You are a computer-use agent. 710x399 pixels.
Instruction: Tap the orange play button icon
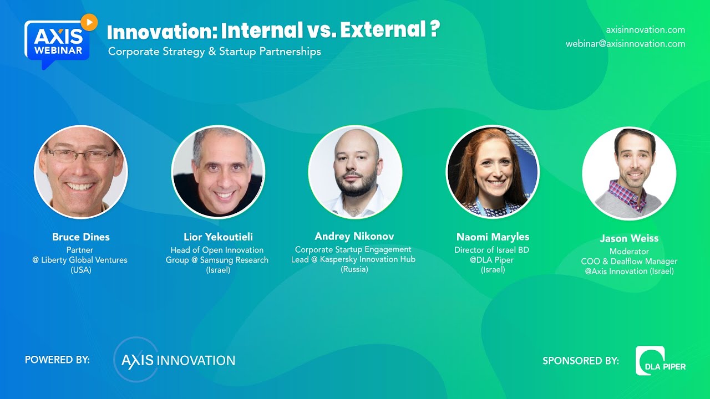tap(89, 22)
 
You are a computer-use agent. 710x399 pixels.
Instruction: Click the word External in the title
tap(383, 31)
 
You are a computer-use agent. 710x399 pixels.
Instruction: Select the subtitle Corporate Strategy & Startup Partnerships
tap(215, 52)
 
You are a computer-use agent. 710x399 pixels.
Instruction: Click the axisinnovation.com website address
tap(646, 30)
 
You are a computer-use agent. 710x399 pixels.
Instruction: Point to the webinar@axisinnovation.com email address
tap(625, 44)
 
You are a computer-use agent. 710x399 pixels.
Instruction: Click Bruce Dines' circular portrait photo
tap(81, 172)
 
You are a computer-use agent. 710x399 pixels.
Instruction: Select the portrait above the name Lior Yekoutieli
tap(218, 172)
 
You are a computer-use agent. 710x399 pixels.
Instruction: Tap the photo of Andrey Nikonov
tap(355, 172)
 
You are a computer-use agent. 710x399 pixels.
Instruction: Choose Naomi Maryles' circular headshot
tap(493, 172)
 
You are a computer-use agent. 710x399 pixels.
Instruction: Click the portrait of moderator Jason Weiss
tap(629, 173)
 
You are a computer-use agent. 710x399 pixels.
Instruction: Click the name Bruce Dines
tap(81, 237)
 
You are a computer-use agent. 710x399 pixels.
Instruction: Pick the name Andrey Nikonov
tap(354, 237)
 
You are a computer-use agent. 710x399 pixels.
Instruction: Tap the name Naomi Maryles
tap(493, 237)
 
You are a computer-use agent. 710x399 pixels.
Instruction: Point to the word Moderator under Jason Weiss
tap(629, 252)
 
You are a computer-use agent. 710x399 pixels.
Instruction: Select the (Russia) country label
tap(354, 269)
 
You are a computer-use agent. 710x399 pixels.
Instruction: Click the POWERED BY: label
tap(57, 360)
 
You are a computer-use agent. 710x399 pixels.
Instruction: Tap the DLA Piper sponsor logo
tap(661, 361)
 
